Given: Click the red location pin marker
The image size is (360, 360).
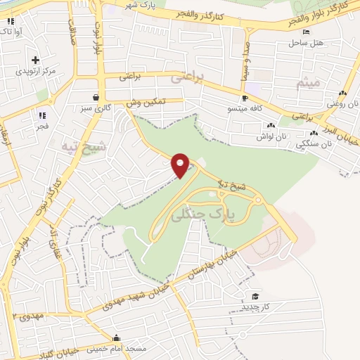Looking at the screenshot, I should pyautogui.click(x=181, y=165).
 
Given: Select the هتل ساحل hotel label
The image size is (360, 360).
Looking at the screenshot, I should pyautogui.click(x=306, y=44).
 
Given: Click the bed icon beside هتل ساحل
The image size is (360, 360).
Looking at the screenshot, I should pyautogui.click(x=305, y=32).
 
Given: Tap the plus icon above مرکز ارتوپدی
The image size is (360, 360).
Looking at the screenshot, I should pyautogui.click(x=35, y=59).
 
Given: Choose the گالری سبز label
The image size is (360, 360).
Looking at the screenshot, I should pyautogui.click(x=95, y=108).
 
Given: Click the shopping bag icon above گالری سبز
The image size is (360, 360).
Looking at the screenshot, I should pyautogui.click(x=96, y=97).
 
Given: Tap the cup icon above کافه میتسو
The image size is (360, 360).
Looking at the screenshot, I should pyautogui.click(x=244, y=98).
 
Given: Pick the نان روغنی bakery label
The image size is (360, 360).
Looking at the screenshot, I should pyautogui.click(x=342, y=105).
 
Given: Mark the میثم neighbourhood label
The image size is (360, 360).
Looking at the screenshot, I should pyautogui.click(x=309, y=83).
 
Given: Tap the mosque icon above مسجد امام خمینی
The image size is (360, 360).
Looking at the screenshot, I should pyautogui.click(x=117, y=337).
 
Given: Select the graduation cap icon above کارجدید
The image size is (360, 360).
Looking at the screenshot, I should pyautogui.click(x=255, y=297).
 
